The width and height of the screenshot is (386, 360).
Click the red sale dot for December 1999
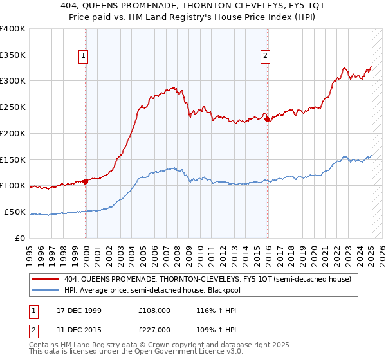click(x=86, y=181)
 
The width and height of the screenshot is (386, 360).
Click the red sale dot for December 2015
click(x=268, y=119)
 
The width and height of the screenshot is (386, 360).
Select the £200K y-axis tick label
click(x=13, y=134)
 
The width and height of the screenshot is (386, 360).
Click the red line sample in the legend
click(x=46, y=279)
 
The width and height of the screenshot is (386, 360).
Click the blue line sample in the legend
click(x=46, y=290)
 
